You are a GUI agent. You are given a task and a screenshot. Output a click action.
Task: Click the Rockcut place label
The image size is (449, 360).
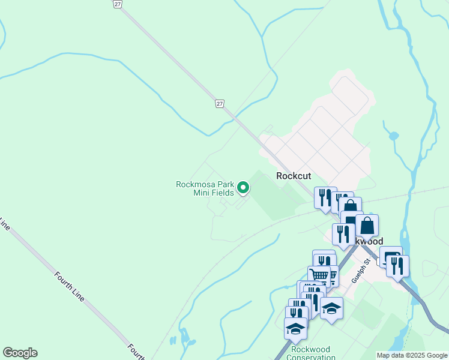294,176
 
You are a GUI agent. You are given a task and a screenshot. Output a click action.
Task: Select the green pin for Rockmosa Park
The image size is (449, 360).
243,188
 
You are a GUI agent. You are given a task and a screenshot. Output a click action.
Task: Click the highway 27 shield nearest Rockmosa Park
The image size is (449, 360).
220,104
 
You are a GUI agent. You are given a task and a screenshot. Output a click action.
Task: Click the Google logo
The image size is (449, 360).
20,353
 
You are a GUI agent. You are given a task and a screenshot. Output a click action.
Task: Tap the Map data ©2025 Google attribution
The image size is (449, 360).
412,355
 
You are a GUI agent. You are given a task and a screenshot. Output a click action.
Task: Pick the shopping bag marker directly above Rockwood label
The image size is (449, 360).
367,226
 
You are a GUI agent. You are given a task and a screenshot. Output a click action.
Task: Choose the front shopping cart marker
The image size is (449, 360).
320,276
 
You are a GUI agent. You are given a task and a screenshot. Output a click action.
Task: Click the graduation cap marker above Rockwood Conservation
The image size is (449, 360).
295,328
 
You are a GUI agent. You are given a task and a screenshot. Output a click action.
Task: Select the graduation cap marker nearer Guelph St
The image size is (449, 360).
331,308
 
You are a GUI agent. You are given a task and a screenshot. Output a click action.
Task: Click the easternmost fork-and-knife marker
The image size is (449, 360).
397,265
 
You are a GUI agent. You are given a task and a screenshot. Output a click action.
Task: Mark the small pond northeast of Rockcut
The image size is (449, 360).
394,136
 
